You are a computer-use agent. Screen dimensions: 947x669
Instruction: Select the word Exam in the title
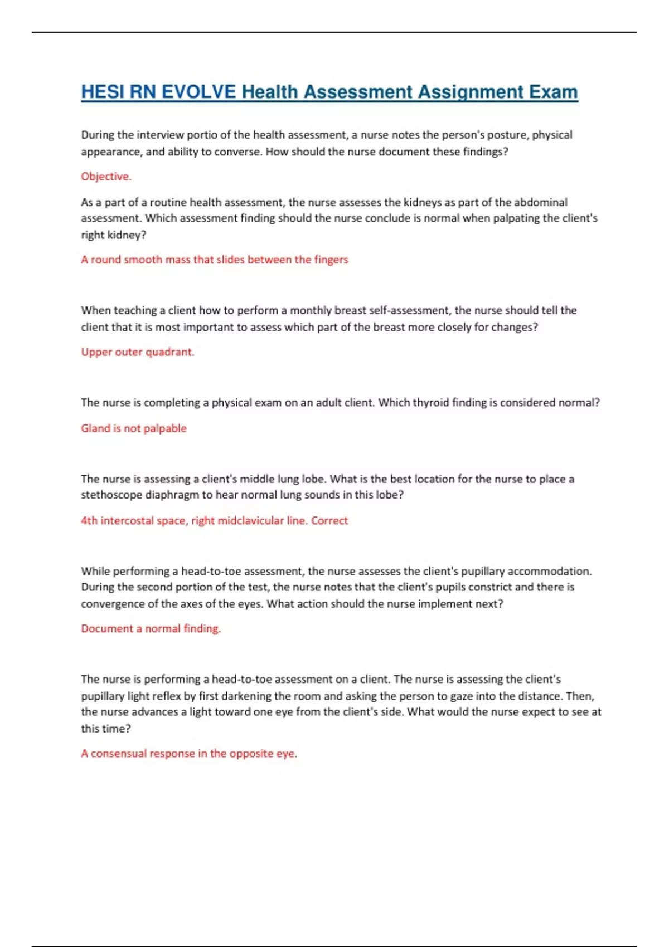click(x=552, y=92)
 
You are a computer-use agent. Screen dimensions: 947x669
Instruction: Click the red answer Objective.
click(x=106, y=177)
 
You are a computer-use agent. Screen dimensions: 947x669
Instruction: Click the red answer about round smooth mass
click(x=214, y=260)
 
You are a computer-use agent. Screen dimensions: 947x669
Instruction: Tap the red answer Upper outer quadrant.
click(x=137, y=352)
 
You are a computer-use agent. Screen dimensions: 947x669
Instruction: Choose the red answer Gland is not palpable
click(x=134, y=428)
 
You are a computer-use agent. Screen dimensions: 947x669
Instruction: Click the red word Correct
click(x=329, y=521)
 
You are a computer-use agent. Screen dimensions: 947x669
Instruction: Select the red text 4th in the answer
click(x=89, y=521)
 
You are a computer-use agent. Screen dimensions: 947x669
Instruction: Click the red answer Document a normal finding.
click(x=151, y=629)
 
